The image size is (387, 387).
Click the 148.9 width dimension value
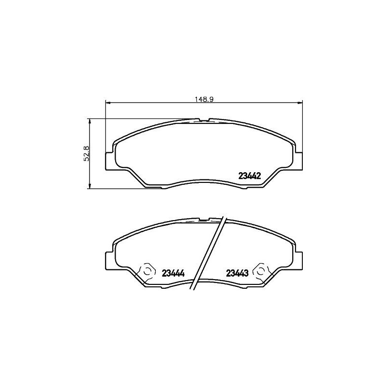(x=204, y=100)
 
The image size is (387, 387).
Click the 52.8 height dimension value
(x=87, y=153)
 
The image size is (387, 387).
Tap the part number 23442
(x=249, y=176)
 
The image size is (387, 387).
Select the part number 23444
(x=173, y=273)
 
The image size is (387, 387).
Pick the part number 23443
(x=237, y=273)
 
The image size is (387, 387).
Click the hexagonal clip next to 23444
(x=148, y=271)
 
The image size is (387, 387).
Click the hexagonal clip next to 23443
(x=261, y=271)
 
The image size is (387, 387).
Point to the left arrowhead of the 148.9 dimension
(x=107, y=103)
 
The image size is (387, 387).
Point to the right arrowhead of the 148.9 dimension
(x=300, y=103)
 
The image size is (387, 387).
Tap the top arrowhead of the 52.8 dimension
(x=90, y=121)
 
